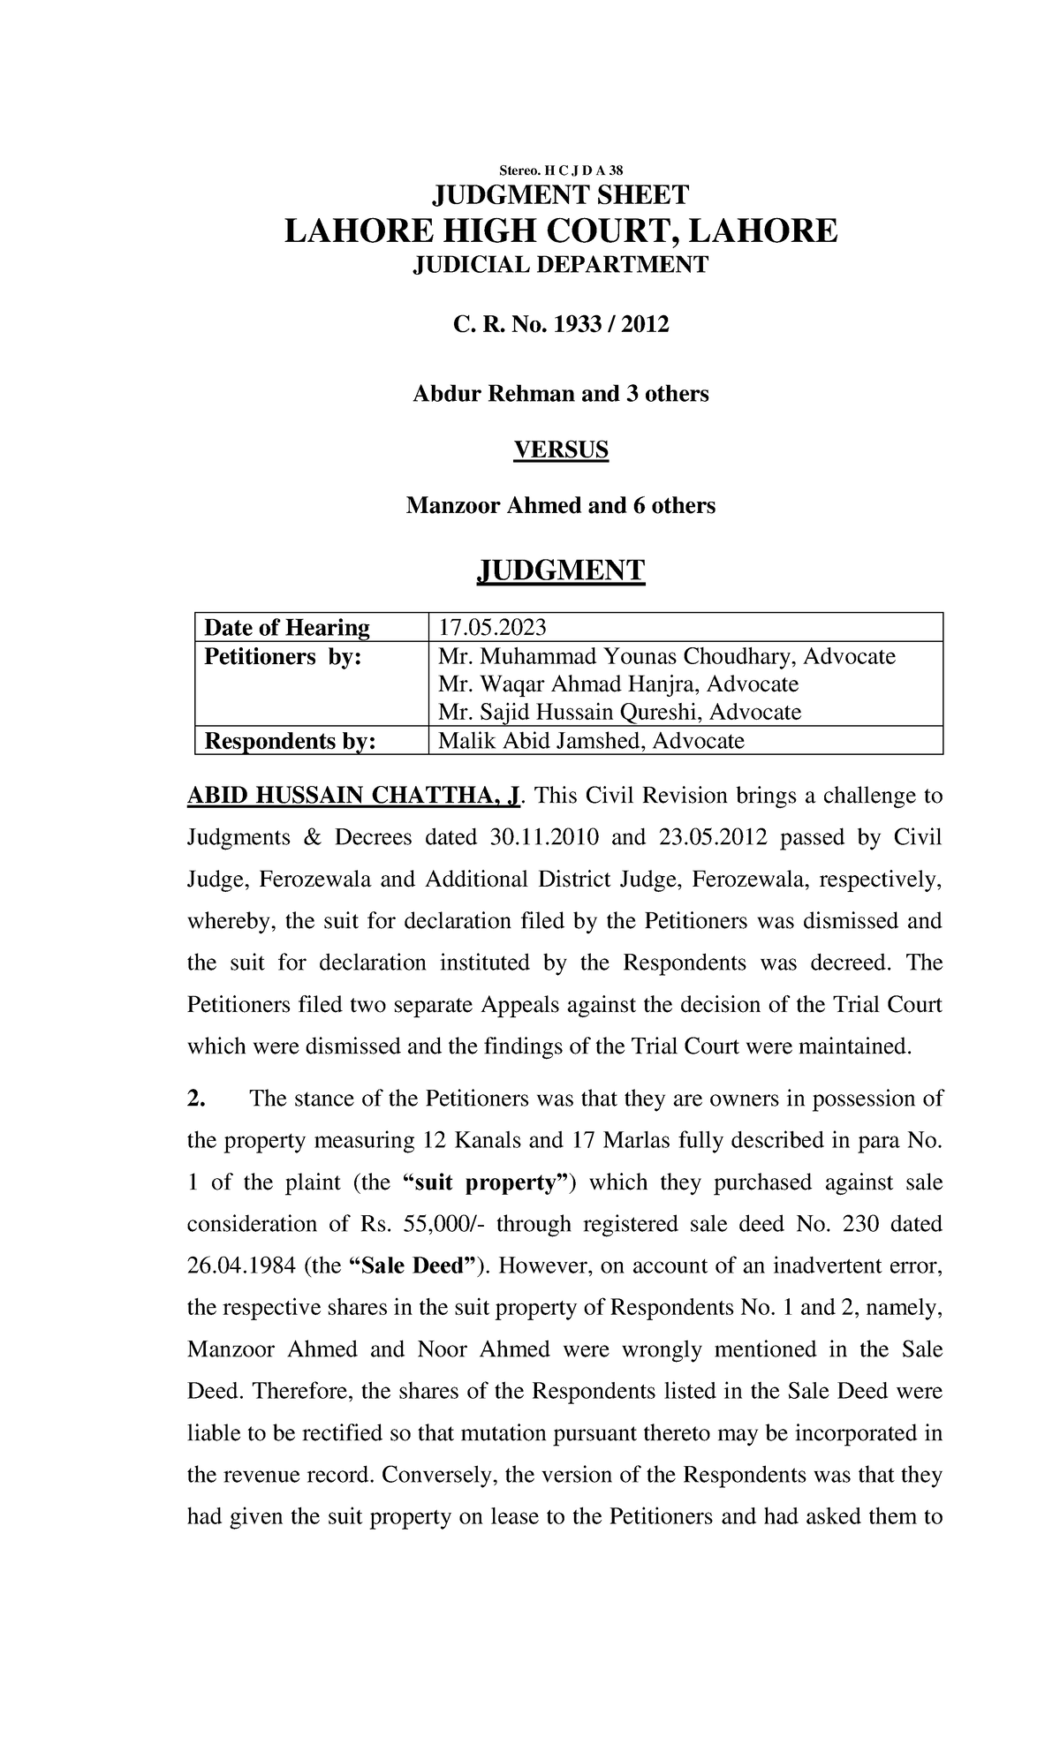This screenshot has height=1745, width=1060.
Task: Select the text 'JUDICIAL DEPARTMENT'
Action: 561,265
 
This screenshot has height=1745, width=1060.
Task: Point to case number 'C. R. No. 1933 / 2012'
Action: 561,326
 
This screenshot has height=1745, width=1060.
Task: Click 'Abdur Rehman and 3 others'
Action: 561,394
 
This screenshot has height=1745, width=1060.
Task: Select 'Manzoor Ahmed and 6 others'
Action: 561,506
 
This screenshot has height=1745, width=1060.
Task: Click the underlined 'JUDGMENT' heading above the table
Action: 561,571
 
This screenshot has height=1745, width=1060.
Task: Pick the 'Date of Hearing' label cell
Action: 287,628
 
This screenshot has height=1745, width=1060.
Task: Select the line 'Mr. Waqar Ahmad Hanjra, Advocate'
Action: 618,684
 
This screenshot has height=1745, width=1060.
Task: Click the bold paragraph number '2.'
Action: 196,1099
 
